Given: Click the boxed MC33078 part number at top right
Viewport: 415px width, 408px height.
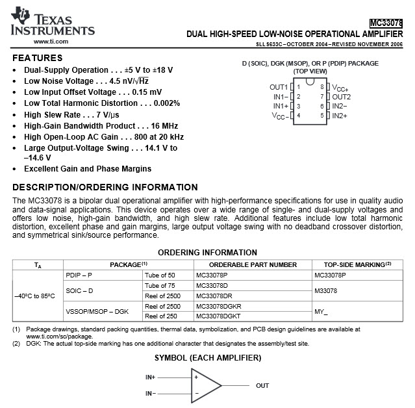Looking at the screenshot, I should [x=386, y=22].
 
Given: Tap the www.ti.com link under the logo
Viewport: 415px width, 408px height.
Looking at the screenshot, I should [x=51, y=42].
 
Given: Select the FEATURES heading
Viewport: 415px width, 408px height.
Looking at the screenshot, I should [x=38, y=58].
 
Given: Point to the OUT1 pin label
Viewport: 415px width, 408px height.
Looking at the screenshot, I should [x=279, y=86].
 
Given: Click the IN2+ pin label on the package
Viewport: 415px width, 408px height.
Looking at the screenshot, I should [x=340, y=116].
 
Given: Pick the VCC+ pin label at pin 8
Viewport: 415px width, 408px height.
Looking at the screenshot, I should [x=340, y=87].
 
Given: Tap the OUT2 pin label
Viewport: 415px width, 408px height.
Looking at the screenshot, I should [x=341, y=96].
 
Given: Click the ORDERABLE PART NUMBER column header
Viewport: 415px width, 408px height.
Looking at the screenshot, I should [x=246, y=264].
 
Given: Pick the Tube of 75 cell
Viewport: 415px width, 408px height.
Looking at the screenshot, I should [x=160, y=285].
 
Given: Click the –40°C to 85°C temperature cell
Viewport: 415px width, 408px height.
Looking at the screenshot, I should [x=34, y=296].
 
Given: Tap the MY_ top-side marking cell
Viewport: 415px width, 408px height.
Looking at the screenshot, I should [x=321, y=311].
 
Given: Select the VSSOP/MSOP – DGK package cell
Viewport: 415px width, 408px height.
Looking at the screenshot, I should [x=97, y=311].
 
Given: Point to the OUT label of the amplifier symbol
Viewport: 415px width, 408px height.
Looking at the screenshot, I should [x=262, y=385].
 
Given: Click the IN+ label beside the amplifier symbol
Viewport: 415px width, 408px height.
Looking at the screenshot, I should [x=151, y=377].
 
